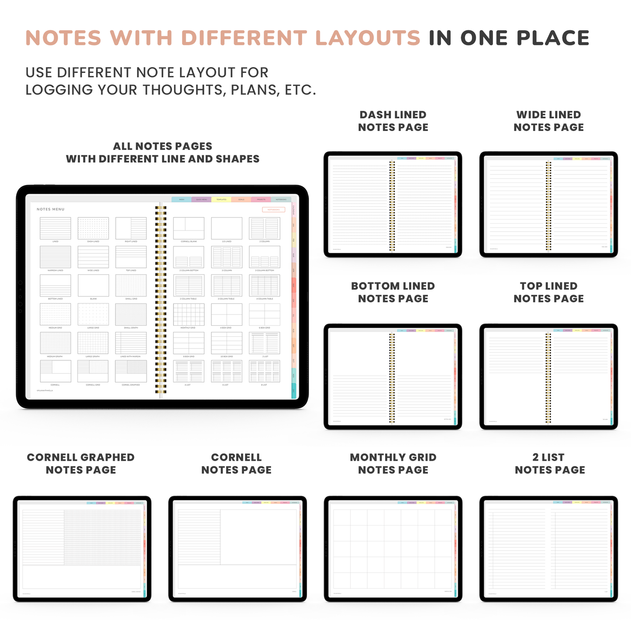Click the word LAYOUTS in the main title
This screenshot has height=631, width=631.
(367, 38)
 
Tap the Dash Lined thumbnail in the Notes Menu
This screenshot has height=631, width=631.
(93, 228)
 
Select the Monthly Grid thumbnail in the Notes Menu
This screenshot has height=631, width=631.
(189, 314)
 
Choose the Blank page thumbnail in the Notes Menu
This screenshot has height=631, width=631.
(93, 286)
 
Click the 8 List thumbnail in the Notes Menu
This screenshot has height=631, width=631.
(264, 371)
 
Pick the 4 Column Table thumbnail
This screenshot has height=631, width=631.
(264, 286)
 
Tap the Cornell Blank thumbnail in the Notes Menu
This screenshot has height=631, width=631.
(189, 228)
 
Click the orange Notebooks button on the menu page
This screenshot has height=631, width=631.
(273, 210)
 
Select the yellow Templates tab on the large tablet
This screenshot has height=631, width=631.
(221, 200)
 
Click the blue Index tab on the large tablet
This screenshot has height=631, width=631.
(182, 200)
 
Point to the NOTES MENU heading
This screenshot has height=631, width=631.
(51, 209)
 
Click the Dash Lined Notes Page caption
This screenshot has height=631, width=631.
(393, 121)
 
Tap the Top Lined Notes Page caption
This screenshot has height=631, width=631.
(548, 292)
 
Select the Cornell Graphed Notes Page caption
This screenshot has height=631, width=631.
(81, 463)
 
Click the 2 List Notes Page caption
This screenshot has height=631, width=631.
(549, 463)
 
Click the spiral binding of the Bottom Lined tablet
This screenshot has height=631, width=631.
(392, 378)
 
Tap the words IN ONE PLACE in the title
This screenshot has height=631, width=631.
(509, 38)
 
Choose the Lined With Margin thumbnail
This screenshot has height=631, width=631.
(131, 343)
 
